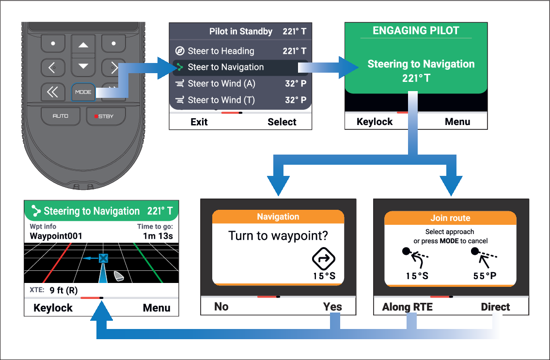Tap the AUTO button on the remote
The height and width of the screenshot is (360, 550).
click(x=61, y=116)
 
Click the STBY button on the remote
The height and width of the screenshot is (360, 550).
click(x=106, y=116)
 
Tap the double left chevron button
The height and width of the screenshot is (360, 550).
click(x=53, y=92)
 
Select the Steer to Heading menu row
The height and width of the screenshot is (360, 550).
click(x=241, y=51)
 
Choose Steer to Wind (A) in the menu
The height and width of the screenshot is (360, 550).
click(x=241, y=83)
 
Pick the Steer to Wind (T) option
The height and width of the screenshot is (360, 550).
click(x=241, y=100)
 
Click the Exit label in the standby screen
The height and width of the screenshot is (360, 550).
click(x=199, y=122)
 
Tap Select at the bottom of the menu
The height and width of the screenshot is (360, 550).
click(x=282, y=122)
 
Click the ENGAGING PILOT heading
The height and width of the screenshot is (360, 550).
click(x=416, y=31)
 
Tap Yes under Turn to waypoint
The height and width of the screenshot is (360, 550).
click(x=332, y=307)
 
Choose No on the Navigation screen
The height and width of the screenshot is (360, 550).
click(x=221, y=307)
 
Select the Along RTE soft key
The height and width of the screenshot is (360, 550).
click(x=407, y=307)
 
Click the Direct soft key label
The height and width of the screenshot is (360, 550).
click(x=495, y=307)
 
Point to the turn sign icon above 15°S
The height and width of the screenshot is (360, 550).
click(x=323, y=259)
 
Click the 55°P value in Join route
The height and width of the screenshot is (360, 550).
click(x=485, y=276)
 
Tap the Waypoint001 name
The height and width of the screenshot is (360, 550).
click(x=56, y=236)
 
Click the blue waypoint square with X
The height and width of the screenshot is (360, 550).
click(x=103, y=259)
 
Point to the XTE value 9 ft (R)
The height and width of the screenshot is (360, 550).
click(x=63, y=290)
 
